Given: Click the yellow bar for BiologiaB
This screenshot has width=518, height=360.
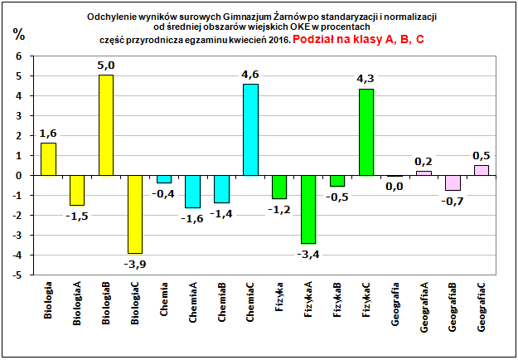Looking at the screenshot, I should (x=105, y=125).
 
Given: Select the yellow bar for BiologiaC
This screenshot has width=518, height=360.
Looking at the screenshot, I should (x=134, y=214).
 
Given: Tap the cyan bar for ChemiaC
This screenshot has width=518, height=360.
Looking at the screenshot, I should (x=250, y=129).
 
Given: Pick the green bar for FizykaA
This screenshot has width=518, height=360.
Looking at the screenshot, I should (x=308, y=209).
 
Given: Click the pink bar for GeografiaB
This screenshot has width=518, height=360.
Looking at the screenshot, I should (x=453, y=182).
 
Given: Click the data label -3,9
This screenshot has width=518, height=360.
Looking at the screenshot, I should (x=135, y=264).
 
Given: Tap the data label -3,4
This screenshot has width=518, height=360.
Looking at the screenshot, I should (x=308, y=254).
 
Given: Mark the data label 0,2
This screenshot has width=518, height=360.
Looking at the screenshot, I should (x=424, y=161).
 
